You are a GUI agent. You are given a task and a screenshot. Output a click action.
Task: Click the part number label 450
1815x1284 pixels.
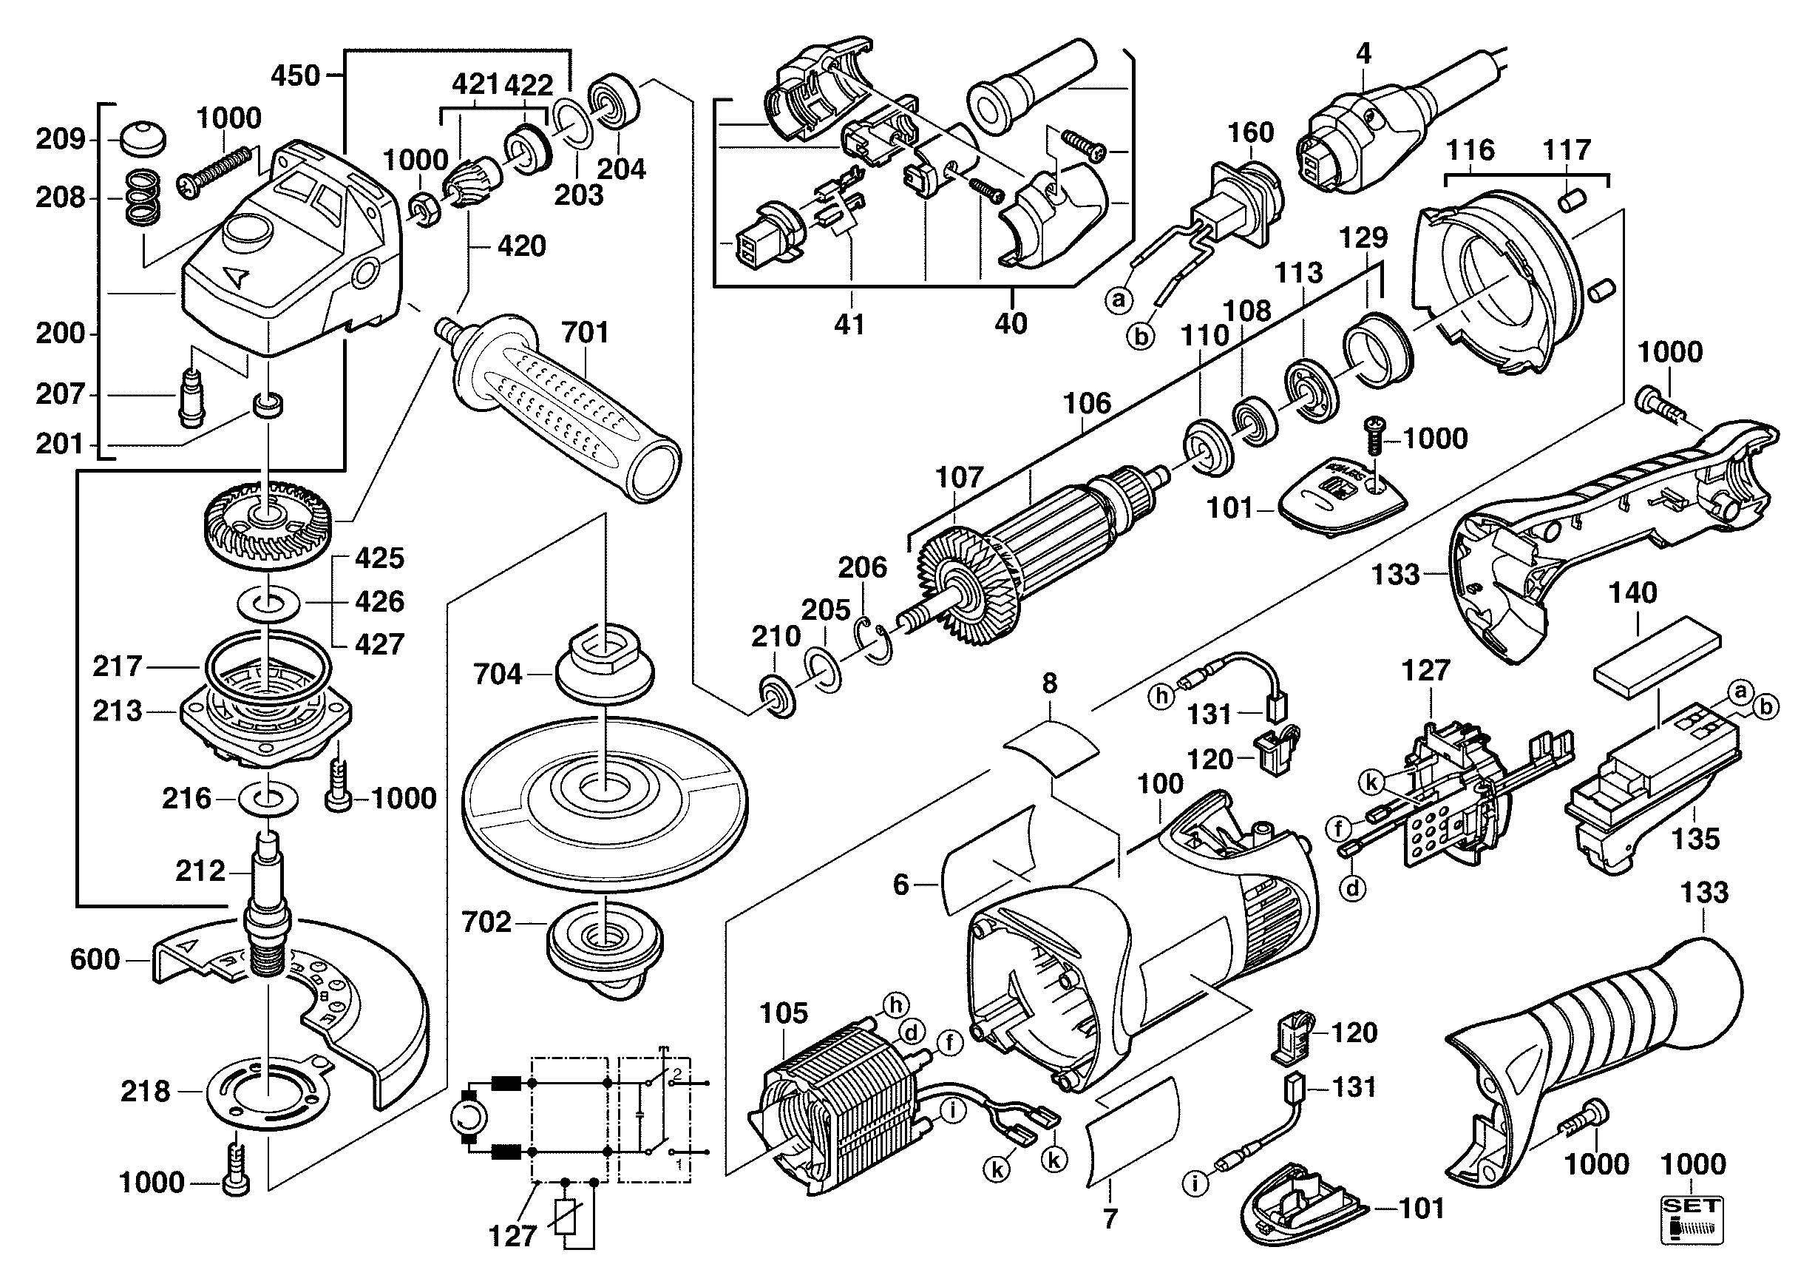(295, 76)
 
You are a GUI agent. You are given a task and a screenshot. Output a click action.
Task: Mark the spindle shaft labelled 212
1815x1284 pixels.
(269, 909)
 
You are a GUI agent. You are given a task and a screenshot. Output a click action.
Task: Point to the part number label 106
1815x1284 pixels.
(1087, 404)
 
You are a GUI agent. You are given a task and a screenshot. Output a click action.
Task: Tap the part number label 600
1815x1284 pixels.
(95, 960)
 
